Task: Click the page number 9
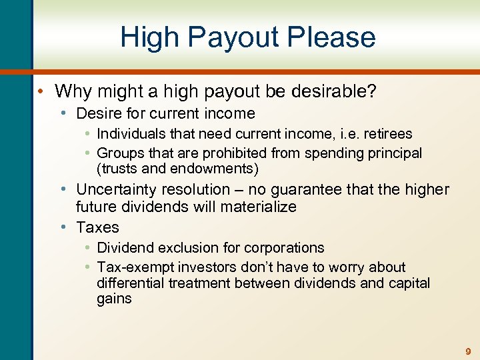pyautogui.click(x=468, y=351)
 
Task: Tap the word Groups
pyautogui.click(x=119, y=153)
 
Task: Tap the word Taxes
pyautogui.click(x=97, y=227)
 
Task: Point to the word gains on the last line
pyautogui.click(x=114, y=299)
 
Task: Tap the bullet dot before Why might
pyautogui.click(x=43, y=91)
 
